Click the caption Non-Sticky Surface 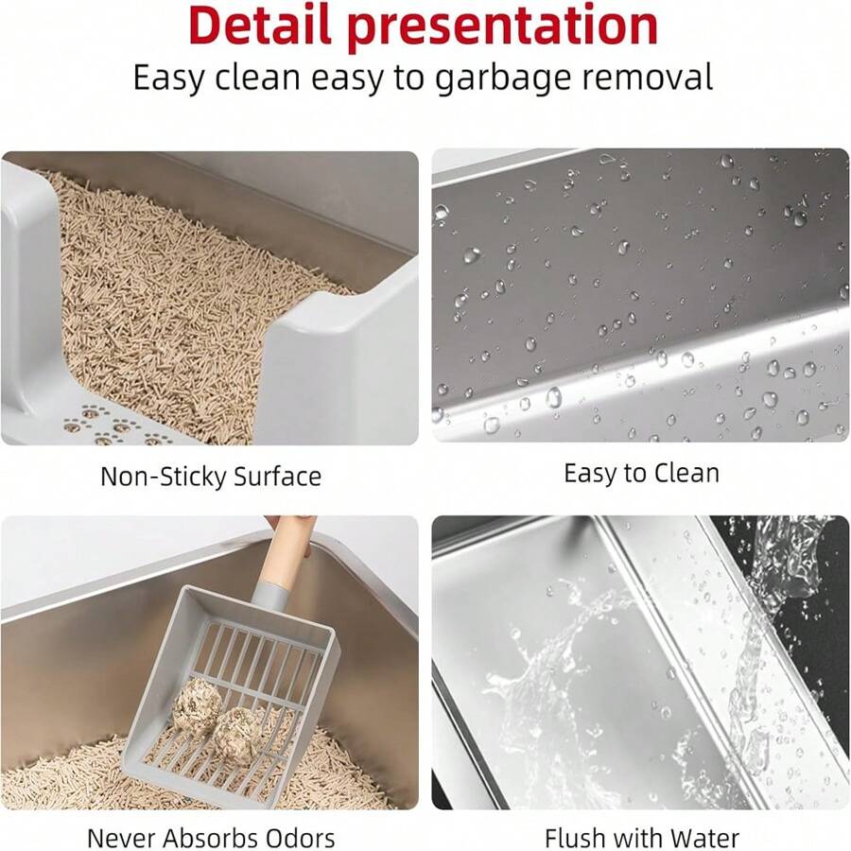(211, 476)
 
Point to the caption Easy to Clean (641, 473)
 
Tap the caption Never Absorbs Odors (211, 838)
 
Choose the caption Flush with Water (641, 838)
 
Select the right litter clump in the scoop (237, 734)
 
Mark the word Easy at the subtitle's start (167, 78)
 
